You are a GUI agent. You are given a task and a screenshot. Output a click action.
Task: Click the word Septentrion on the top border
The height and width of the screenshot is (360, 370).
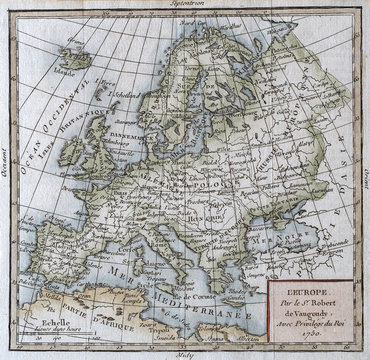point(186,5)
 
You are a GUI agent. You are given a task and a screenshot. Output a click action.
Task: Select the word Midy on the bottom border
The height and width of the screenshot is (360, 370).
point(186,354)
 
